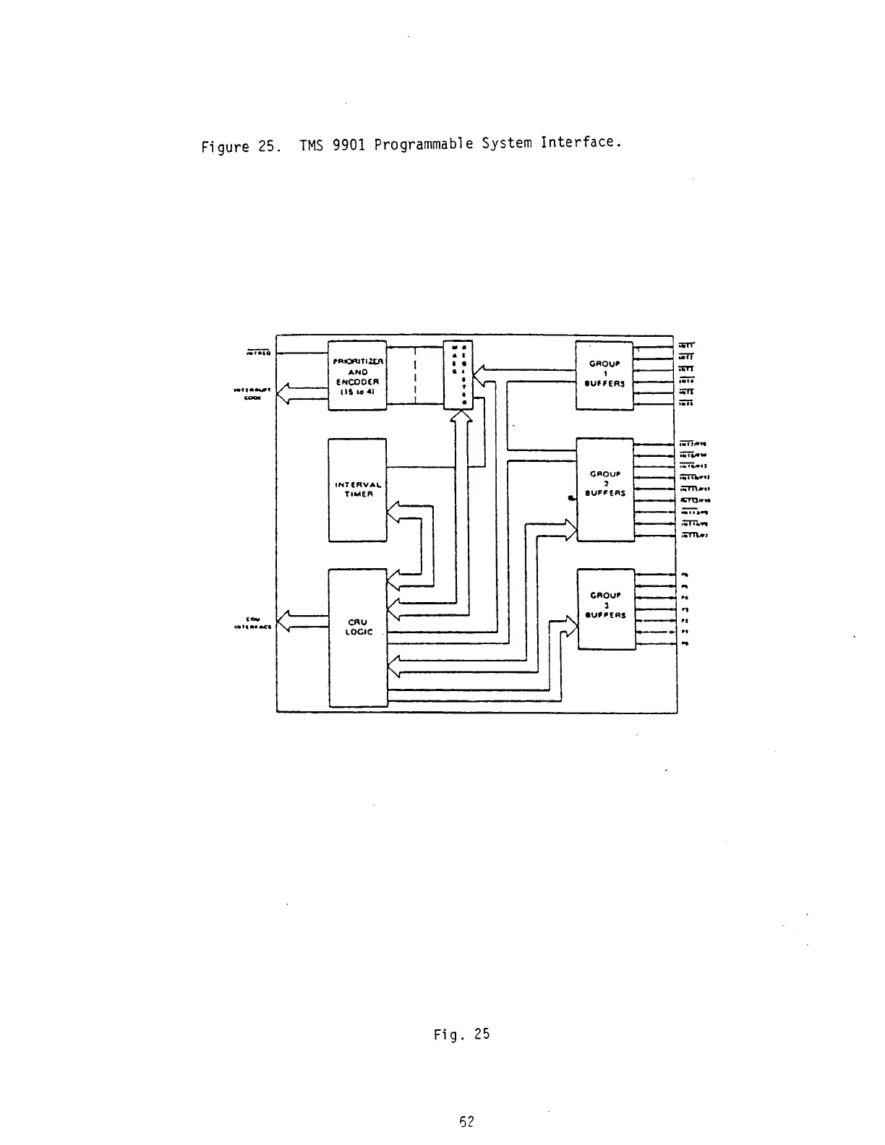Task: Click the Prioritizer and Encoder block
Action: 357,375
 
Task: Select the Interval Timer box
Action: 357,489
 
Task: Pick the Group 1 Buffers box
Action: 604,375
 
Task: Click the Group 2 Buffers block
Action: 604,489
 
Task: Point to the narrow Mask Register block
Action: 458,374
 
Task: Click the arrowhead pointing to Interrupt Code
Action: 284,394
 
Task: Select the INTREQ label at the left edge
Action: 258,353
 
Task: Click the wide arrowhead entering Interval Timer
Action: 393,513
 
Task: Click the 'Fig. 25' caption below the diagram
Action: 461,1034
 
